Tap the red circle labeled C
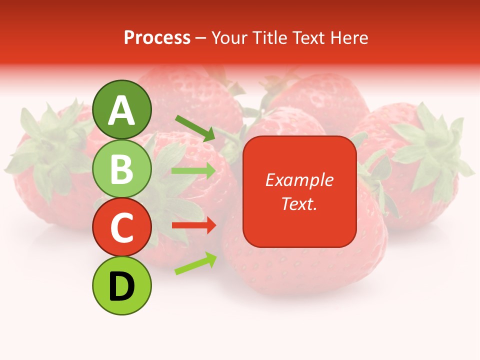(x=122, y=227)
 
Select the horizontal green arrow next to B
(x=193, y=171)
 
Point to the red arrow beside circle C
(x=193, y=226)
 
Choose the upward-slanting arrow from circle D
(x=195, y=263)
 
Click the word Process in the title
(x=157, y=37)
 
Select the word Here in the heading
(x=349, y=37)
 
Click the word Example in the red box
(x=299, y=180)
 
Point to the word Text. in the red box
(x=299, y=203)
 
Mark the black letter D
(x=122, y=286)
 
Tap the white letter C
(x=122, y=227)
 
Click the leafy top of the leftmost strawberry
(x=47, y=145)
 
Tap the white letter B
(x=122, y=169)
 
